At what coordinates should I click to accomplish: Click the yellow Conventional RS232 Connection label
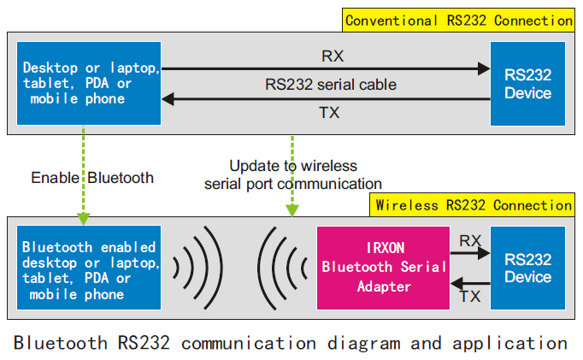pyautogui.click(x=458, y=20)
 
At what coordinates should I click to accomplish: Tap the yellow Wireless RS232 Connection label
pyautogui.click(x=472, y=205)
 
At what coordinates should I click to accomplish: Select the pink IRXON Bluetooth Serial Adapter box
pyautogui.click(x=383, y=268)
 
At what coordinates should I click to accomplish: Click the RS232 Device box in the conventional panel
pyautogui.click(x=527, y=84)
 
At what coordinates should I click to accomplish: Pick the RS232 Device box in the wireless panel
pyautogui.click(x=527, y=268)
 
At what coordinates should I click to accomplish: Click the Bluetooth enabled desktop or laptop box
pyautogui.click(x=89, y=268)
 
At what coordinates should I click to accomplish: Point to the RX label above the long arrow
pyautogui.click(x=333, y=56)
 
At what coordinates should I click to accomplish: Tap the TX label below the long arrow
pyautogui.click(x=329, y=112)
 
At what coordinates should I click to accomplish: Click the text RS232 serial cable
pyautogui.click(x=331, y=85)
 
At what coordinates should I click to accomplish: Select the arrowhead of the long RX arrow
pyautogui.click(x=484, y=68)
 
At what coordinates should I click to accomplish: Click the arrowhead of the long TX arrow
pyautogui.click(x=168, y=99)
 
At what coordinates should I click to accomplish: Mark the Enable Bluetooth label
pyautogui.click(x=92, y=178)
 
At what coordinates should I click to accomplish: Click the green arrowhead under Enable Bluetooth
pyautogui.click(x=83, y=219)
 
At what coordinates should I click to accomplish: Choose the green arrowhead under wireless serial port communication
pyautogui.click(x=292, y=210)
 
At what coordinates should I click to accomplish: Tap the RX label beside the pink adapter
pyautogui.click(x=470, y=241)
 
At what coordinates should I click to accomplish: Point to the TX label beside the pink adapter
pyautogui.click(x=470, y=297)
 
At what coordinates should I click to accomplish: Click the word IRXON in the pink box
pyautogui.click(x=386, y=248)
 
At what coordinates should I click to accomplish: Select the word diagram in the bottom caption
pyautogui.click(x=363, y=343)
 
